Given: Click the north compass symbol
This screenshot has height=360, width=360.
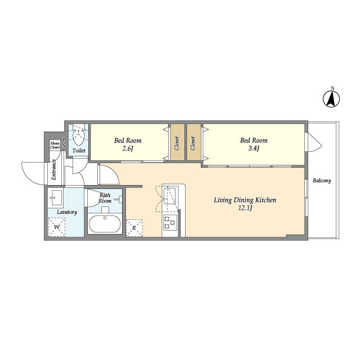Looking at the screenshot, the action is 331,99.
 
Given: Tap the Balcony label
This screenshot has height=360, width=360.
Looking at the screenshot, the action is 322,181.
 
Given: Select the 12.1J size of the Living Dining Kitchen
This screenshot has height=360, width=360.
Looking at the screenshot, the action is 245,208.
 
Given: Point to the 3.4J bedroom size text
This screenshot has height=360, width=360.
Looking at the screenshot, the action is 254,148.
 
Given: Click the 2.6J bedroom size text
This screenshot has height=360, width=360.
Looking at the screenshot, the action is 128,148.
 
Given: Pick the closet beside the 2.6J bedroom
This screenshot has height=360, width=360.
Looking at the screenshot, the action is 177,142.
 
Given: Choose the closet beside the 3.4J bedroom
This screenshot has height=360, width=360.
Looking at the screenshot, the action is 193,142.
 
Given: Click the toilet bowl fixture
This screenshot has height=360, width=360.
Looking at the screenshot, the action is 79,137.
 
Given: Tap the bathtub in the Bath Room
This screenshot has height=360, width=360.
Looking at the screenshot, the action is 105,224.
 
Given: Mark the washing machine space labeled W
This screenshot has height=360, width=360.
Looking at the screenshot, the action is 56,227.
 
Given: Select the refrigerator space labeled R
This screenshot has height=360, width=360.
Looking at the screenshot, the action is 134,228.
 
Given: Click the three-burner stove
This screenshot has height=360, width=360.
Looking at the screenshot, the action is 170,223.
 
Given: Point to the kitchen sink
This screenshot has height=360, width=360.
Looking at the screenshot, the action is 169,196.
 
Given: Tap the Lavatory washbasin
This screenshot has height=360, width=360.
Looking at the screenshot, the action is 56,197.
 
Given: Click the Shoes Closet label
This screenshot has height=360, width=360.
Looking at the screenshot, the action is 55,145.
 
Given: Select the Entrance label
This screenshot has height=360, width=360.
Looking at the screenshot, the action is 54,169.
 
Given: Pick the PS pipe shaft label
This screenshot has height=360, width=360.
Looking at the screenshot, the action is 64,142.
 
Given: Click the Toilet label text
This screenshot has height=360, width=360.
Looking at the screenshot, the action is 79,151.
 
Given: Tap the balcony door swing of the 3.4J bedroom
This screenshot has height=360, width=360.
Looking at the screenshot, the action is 314,142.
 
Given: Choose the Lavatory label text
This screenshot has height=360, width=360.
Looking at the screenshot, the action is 67,212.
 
